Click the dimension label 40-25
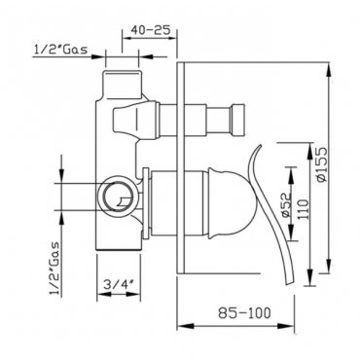(x=151, y=30)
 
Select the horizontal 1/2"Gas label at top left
(x=60, y=50)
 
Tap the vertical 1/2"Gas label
(x=55, y=269)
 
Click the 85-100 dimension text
(x=244, y=313)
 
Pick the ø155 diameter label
(x=323, y=164)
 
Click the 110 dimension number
(x=304, y=209)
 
